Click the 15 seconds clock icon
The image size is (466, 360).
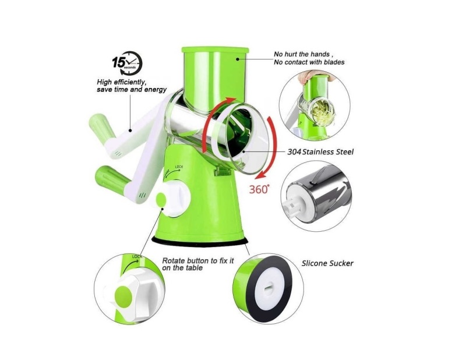coord(128,63)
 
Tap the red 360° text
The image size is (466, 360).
coord(259,189)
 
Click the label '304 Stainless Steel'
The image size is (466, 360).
coord(320,152)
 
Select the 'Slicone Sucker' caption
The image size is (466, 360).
coord(327,263)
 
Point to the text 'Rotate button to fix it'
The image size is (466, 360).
coord(198,261)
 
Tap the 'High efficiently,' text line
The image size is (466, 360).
coord(122,82)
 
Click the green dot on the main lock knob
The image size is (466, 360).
coord(161,199)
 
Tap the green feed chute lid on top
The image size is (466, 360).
coord(215,50)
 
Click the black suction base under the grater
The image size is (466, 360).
coord(200,240)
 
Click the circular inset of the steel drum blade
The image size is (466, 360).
coord(316,196)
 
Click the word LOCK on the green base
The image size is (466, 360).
coord(179,167)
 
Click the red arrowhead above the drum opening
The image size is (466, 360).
coord(231,100)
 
